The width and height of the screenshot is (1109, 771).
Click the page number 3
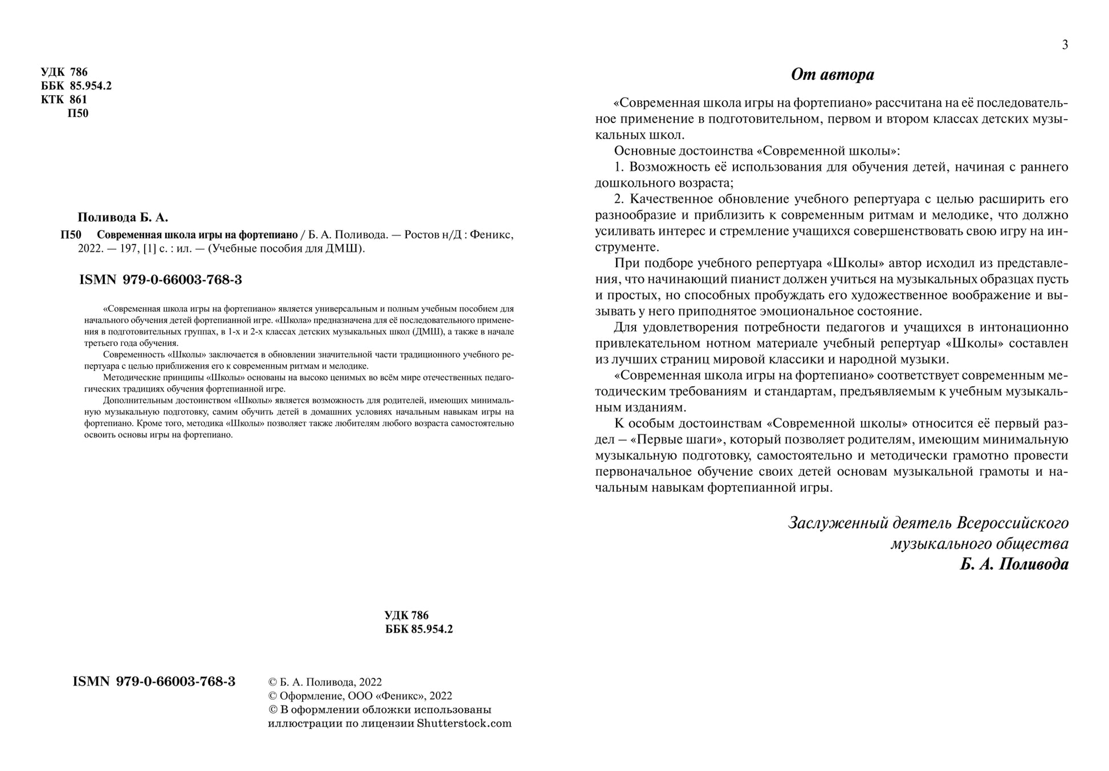click(x=1065, y=45)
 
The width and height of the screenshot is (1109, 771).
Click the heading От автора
click(x=832, y=75)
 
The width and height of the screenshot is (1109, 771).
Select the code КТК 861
click(x=64, y=100)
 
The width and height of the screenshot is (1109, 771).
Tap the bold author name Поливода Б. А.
click(x=123, y=218)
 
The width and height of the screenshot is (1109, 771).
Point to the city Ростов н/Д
click(x=432, y=235)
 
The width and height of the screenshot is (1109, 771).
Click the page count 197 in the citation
click(x=121, y=248)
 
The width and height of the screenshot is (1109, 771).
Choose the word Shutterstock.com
click(x=464, y=724)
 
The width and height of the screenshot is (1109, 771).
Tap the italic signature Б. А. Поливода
click(x=1014, y=564)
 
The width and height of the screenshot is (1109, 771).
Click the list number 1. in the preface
click(x=619, y=168)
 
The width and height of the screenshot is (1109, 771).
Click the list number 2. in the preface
click(x=619, y=199)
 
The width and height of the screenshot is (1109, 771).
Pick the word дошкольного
click(x=631, y=183)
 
